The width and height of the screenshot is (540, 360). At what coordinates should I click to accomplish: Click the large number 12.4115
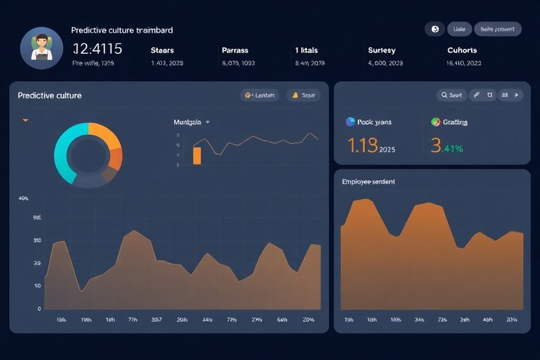tap(97, 49)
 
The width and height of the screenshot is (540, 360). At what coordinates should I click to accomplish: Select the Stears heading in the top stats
tap(162, 50)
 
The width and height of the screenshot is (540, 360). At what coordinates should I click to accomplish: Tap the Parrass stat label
tap(235, 50)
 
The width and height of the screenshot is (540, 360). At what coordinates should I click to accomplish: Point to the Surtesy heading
tap(382, 50)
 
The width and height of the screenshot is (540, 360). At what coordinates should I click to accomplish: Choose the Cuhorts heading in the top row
tap(462, 50)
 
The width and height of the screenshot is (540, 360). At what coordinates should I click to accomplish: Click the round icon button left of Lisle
tap(435, 29)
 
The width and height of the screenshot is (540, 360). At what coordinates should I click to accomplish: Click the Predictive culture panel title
tap(49, 96)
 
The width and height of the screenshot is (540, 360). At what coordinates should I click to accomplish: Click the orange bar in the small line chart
tap(197, 155)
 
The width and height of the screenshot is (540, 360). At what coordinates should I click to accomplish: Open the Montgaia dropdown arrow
tap(207, 123)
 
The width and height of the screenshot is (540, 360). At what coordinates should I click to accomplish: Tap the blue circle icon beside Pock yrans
tap(350, 122)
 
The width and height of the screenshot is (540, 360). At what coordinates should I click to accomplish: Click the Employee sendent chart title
tap(368, 182)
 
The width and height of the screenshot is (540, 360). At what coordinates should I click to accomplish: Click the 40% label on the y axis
tap(24, 199)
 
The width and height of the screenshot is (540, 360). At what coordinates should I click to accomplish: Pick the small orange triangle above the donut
tap(26, 120)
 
